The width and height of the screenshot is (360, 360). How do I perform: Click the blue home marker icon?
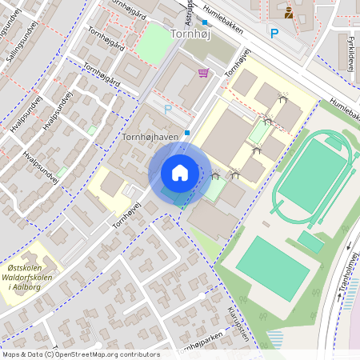point(180,173)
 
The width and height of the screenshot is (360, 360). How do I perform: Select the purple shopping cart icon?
point(203,73)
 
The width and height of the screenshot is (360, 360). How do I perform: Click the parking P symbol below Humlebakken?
point(274,34)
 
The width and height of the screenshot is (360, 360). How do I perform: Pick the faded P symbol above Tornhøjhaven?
point(168,110)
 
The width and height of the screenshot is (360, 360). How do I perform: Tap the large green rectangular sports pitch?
point(272,267)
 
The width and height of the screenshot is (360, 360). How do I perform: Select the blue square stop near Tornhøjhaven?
point(187,133)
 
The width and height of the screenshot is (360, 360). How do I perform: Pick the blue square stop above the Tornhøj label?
point(205,23)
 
